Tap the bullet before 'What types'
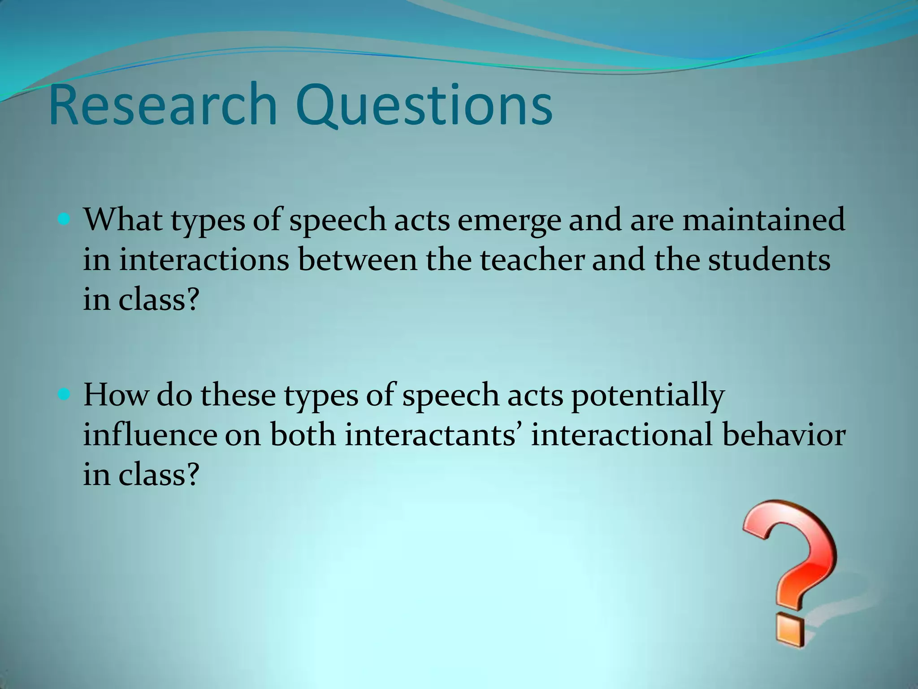click(64, 220)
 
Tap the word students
click(769, 260)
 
